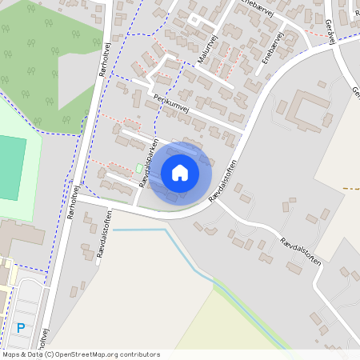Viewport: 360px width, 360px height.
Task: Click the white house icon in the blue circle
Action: coord(180,172)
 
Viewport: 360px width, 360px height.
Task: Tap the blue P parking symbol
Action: coord(21,327)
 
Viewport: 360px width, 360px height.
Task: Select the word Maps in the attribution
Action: coord(12,354)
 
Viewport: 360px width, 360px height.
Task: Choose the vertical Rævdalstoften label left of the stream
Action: coord(102,233)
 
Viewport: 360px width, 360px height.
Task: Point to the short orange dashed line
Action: coord(350,188)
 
